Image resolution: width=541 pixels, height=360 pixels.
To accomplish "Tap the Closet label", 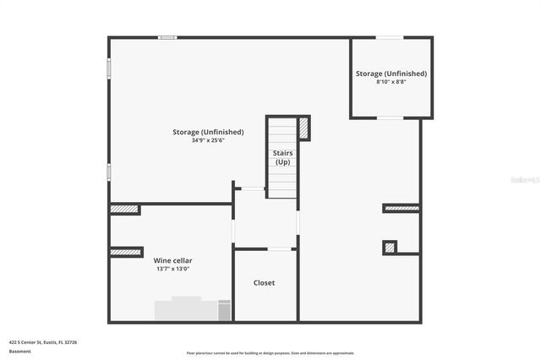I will coord(265,283).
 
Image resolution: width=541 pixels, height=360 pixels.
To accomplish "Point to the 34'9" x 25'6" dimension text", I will coord(208,140).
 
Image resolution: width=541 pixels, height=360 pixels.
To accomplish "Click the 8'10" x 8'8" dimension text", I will coord(391,82).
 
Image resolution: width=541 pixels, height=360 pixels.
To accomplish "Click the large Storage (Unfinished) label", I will coord(208,132).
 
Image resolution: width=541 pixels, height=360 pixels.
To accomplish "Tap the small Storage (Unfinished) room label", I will coord(391,74).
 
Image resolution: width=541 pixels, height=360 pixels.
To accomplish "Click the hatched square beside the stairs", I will coord(303,128).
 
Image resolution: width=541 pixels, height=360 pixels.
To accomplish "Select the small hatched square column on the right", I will coord(390,248).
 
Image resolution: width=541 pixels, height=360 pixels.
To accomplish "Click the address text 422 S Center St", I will coord(43,342).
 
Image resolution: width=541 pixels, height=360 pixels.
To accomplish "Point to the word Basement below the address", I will coord(19,351).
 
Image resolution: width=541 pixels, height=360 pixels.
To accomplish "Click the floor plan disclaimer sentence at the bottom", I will coord(270,353).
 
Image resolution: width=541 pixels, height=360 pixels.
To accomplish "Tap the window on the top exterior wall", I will coord(167,37).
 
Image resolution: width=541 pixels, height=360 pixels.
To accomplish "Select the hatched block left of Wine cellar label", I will coord(126,252).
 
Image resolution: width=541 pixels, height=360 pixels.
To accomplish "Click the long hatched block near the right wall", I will coord(402,208).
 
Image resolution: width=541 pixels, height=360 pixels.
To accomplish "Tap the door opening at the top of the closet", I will coord(279,248).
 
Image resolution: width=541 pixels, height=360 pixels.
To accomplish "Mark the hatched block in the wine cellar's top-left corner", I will coord(124,209).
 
